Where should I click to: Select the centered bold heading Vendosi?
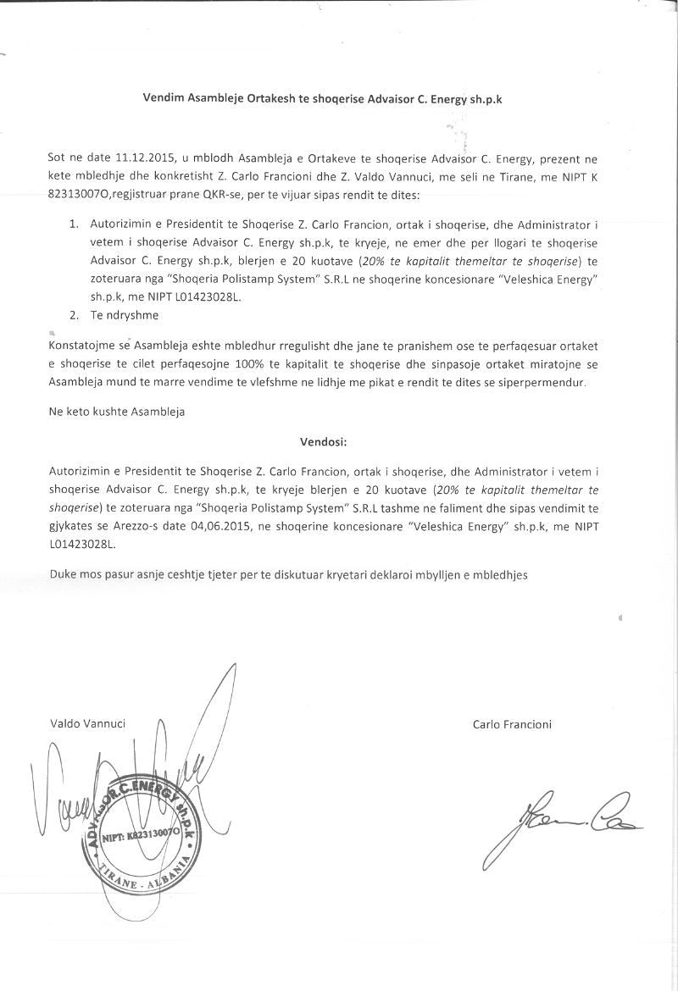point(323,441)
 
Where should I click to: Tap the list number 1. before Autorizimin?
point(73,224)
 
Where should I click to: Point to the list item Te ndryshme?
point(125,315)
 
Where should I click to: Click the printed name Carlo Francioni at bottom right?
point(513,723)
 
